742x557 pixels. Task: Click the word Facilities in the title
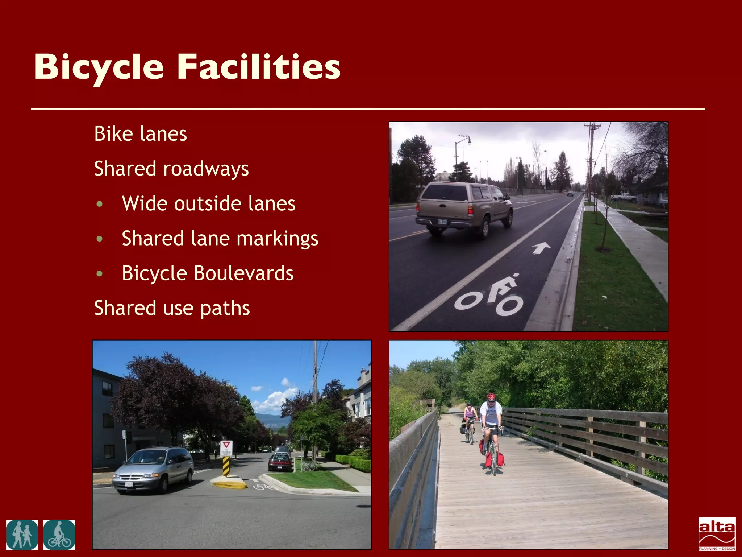coord(259,67)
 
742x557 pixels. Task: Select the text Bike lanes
coord(141,134)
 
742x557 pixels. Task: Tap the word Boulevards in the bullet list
coord(243,273)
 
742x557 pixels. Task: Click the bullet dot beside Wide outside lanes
coord(100,204)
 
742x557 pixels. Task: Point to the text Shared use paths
coord(172,308)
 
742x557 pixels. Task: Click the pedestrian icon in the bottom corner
coord(22,535)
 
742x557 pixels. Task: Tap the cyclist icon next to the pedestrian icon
coord(59,535)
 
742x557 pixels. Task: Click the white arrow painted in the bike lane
coord(541,248)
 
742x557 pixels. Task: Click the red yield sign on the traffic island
coord(226,446)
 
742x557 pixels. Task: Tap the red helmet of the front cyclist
coord(491,397)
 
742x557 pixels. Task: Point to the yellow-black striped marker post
coord(226,466)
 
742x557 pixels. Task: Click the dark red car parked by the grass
coord(280,463)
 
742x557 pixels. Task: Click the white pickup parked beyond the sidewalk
coord(624,197)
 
